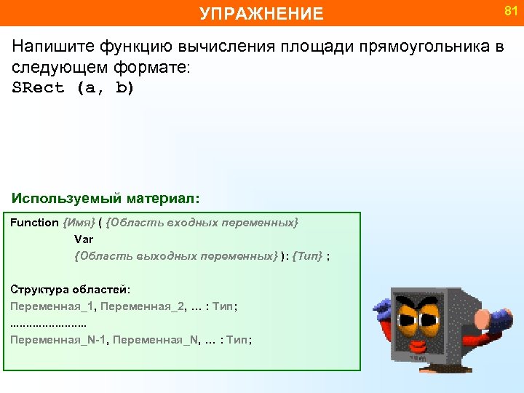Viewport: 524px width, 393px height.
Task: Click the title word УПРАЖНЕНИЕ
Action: tap(261, 13)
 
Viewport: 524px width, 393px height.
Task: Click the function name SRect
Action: tap(38, 88)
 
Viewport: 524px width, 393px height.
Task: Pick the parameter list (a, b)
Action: tap(106, 88)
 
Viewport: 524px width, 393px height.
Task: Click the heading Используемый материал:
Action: tap(106, 198)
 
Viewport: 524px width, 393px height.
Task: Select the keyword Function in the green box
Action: tap(34, 222)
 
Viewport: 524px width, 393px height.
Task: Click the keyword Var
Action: tap(84, 239)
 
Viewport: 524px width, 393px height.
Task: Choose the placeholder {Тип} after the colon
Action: tap(307, 255)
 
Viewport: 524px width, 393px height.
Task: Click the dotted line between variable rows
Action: tap(48, 323)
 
